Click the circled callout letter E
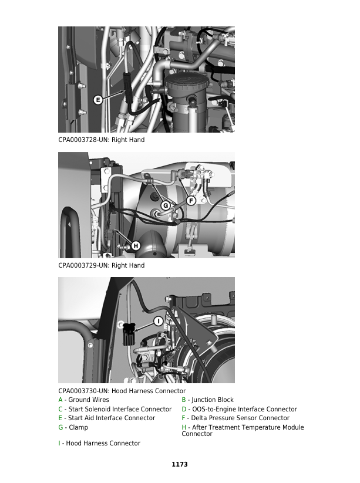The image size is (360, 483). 98,100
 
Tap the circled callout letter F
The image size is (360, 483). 191,201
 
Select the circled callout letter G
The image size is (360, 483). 166,205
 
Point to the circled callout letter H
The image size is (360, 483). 135,245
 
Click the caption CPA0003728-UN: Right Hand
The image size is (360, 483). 101,140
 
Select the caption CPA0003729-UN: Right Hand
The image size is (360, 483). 101,265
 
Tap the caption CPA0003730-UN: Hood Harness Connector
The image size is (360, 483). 122,391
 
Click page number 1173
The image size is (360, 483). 180,464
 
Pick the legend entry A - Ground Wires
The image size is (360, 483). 83,400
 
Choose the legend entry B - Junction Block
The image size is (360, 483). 207,400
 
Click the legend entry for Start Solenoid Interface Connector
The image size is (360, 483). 115,409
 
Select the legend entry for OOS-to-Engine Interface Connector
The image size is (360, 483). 239,409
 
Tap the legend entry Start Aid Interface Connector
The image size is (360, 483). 106,418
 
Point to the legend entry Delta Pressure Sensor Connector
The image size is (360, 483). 235,418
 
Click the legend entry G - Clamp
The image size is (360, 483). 73,428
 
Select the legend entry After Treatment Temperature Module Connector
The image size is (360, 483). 243,431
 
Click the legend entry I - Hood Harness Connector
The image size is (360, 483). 99,443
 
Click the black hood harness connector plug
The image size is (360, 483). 129,335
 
